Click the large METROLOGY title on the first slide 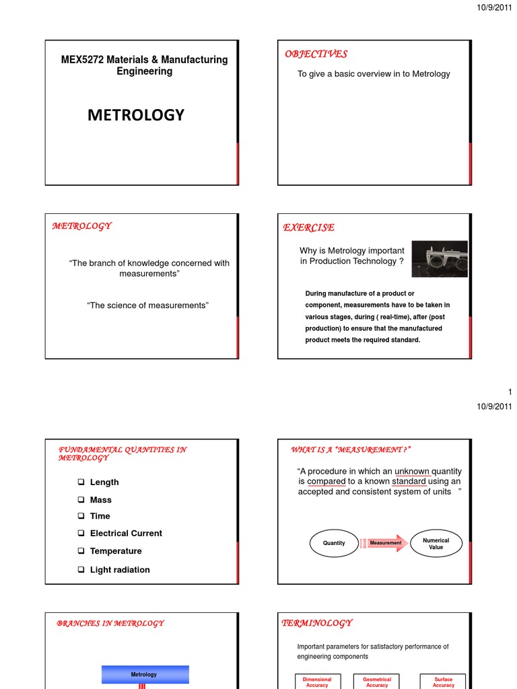(135, 115)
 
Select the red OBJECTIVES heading (316, 54)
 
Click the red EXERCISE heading (309, 228)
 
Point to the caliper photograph (440, 259)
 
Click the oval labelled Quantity (334, 543)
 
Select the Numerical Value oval (436, 543)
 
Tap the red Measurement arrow (386, 543)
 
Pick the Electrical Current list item (126, 533)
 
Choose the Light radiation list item (120, 570)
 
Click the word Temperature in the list (116, 551)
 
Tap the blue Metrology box (145, 674)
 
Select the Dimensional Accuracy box (317, 682)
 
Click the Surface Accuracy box (443, 682)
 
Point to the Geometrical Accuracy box (377, 682)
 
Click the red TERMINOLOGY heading (316, 623)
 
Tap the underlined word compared (326, 481)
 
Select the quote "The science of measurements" (148, 305)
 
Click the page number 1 (510, 392)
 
